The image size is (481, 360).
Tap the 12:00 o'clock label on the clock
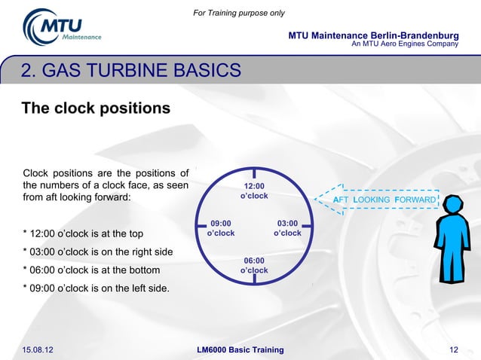point(254,190)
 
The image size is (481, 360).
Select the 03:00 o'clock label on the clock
point(287,227)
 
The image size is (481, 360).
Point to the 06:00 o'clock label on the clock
point(254,265)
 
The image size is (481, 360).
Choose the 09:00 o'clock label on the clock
point(221,227)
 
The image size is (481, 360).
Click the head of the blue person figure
point(454,206)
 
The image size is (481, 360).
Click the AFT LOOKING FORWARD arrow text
point(385,200)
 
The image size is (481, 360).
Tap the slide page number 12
point(454,350)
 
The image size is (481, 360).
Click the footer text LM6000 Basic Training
point(240,350)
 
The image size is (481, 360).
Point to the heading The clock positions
point(96,108)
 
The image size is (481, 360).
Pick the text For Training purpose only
point(239,13)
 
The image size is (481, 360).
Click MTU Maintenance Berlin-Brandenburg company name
point(373,36)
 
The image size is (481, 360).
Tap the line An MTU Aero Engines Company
point(405,44)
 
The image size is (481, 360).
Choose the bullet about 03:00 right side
point(98,251)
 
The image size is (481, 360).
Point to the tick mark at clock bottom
point(254,280)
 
